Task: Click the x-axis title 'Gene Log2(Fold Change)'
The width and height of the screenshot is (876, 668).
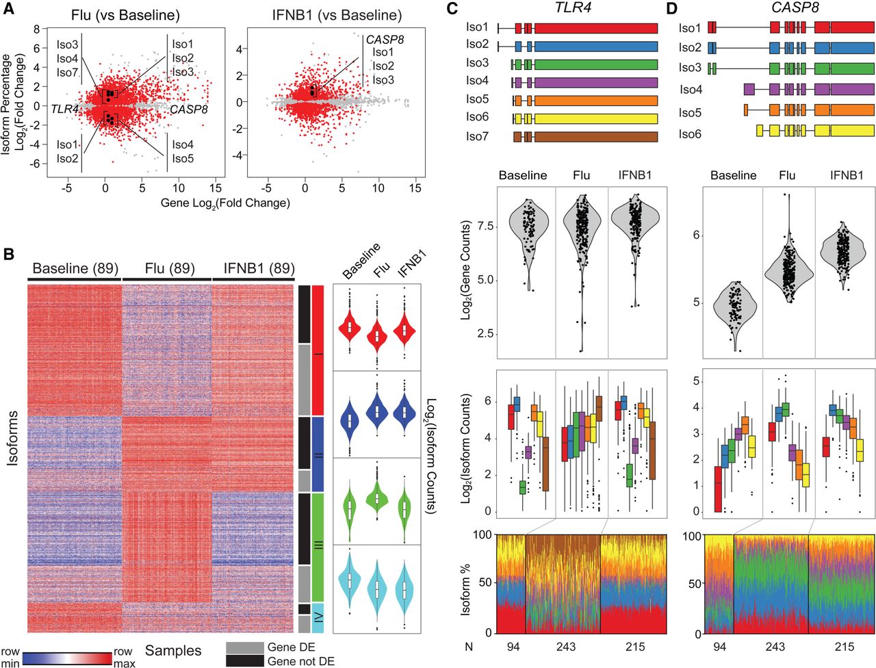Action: click(x=225, y=203)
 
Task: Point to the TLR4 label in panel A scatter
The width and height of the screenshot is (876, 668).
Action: click(x=64, y=109)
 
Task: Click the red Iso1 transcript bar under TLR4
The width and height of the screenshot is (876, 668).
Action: click(x=595, y=28)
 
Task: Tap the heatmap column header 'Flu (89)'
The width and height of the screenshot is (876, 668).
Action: click(x=167, y=269)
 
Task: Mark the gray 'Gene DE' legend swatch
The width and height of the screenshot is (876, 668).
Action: click(x=244, y=647)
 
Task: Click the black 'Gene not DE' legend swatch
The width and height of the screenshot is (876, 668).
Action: click(x=244, y=661)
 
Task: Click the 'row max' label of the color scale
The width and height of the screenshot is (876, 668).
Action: click(x=124, y=658)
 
